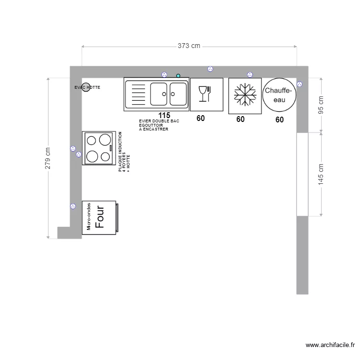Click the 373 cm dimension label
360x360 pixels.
(189, 46)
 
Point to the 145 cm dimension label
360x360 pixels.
(321, 174)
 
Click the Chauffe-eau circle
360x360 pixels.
(279, 95)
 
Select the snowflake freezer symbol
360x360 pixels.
(245, 95)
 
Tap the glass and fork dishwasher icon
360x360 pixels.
(204, 94)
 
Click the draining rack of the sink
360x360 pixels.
(138, 94)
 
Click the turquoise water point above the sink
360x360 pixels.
(178, 75)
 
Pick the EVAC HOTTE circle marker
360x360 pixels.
(85, 87)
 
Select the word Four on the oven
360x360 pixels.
(100, 217)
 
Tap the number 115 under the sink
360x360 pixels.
(164, 116)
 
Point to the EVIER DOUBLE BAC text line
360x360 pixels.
(159, 121)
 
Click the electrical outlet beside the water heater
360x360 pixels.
(300, 84)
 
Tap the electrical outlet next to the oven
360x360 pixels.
(73, 206)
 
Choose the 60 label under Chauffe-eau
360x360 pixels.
(279, 120)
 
